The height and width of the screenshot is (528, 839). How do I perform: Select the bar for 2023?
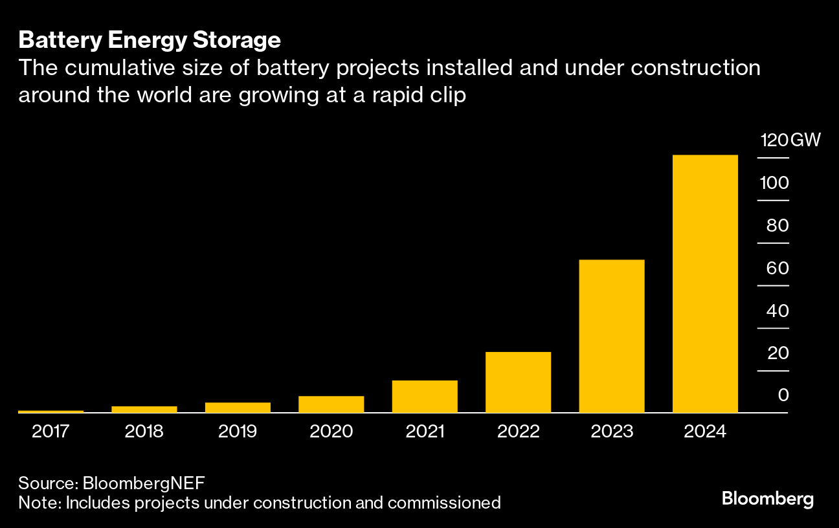[x=612, y=336]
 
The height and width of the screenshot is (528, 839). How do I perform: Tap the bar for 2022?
[x=518, y=382]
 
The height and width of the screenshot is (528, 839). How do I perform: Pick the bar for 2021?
[x=425, y=396]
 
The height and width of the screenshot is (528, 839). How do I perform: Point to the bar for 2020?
[x=331, y=404]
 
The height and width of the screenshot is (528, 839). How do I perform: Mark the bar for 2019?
[x=238, y=407]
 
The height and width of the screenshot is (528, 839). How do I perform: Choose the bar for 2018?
[x=144, y=409]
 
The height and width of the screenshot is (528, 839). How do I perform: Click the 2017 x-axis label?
[x=51, y=431]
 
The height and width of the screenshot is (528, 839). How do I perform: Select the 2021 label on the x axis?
[x=425, y=431]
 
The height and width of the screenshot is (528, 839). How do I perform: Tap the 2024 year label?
[x=705, y=431]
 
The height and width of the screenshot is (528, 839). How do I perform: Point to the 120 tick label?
[x=774, y=140]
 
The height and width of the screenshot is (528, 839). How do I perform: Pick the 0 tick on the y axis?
[x=783, y=395]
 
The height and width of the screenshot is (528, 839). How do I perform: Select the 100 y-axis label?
[x=774, y=182]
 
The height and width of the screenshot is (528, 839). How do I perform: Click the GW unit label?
[x=805, y=140]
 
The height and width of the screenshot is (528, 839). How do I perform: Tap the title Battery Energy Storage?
[x=150, y=40]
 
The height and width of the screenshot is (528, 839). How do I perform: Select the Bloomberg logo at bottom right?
[x=768, y=499]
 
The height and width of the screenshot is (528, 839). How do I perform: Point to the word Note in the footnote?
[x=36, y=502]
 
